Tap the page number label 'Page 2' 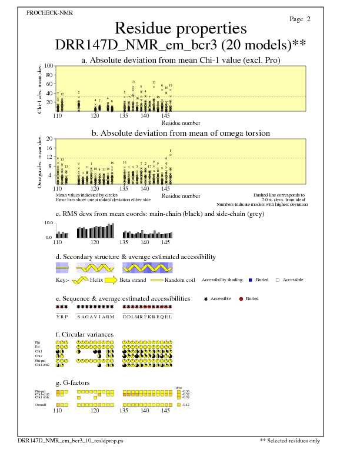[300, 19]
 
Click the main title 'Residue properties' [180, 28]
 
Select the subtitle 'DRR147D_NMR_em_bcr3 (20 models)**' [180, 45]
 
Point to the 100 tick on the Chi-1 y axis [49, 66]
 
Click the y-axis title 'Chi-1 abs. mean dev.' [39, 88]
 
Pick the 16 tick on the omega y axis [50, 148]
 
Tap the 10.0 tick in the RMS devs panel [49, 223]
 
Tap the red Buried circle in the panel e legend [241, 299]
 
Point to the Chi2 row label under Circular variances [39, 356]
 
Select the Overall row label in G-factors [41, 405]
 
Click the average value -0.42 [186, 405]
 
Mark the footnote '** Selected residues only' [291, 440]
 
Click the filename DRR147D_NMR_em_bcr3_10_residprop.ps [71, 440]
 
